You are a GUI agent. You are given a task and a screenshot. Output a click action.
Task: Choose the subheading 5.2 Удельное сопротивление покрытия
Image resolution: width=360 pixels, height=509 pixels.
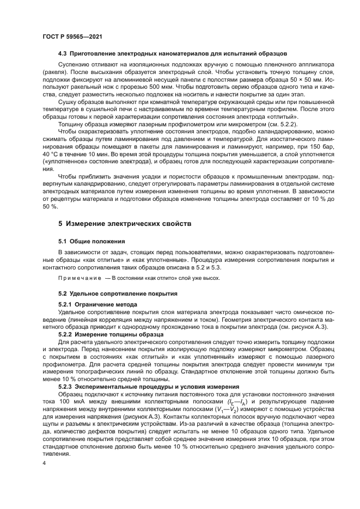118,293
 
